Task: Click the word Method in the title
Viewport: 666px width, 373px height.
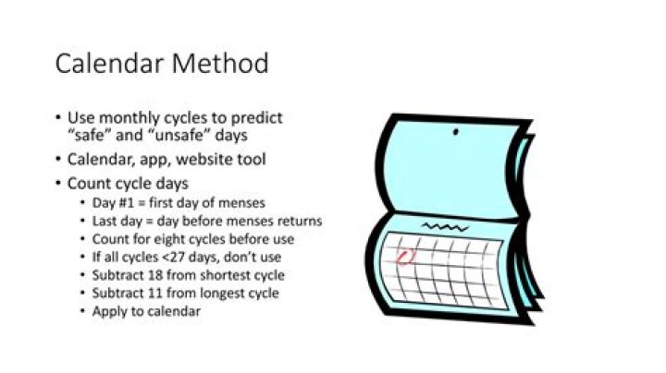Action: click(219, 64)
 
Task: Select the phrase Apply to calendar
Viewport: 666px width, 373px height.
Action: click(146, 311)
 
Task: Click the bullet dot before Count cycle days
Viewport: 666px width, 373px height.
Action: click(58, 184)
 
